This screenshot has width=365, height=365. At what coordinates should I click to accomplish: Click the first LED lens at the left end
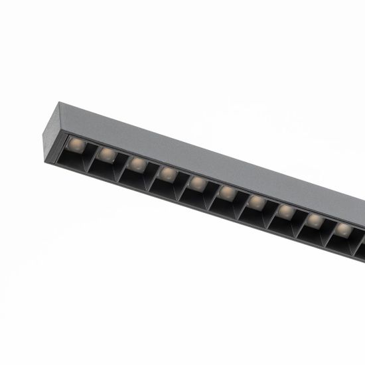76,145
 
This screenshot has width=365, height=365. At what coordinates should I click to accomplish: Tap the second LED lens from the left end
106,155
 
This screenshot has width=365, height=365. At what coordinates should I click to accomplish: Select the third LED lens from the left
137,164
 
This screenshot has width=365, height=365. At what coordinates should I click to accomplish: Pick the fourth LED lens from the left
168,173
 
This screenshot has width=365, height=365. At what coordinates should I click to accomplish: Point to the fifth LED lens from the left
198,183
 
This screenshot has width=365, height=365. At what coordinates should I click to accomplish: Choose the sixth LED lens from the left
228,192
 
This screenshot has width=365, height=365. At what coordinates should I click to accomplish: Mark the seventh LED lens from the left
257,201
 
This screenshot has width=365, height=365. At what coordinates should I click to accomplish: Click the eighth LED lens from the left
285,210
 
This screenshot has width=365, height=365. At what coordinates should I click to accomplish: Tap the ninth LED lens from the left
314,220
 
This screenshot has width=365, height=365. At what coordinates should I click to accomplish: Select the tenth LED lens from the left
342,228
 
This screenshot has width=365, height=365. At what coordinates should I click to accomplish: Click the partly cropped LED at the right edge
362,236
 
